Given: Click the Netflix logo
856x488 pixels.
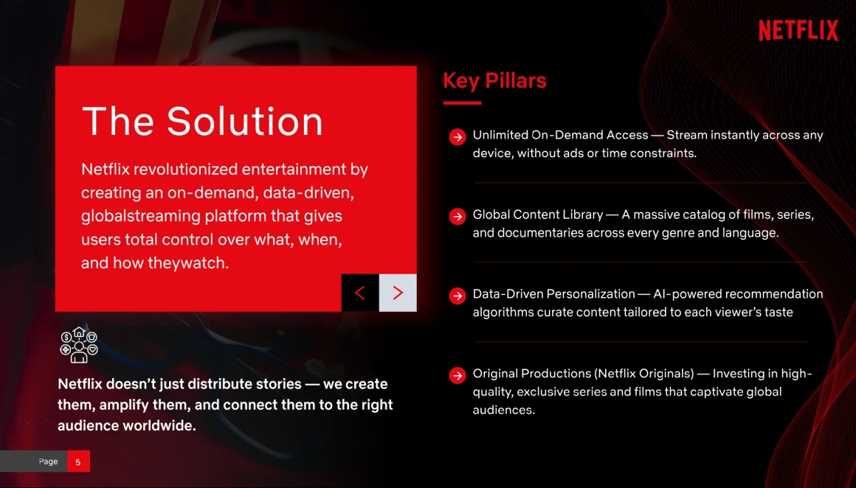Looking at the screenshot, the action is point(798,30).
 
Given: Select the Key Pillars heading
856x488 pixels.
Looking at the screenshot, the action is point(494,80).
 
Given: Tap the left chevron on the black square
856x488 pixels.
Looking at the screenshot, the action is point(360,293).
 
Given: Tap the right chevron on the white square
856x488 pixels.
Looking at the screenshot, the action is point(398,293).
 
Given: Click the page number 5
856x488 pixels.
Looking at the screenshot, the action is point(78,461).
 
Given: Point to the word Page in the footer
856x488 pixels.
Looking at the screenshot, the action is point(48,461).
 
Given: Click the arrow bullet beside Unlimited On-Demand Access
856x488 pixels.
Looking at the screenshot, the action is point(458,137).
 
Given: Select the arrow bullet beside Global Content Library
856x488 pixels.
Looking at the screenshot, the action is point(458,217).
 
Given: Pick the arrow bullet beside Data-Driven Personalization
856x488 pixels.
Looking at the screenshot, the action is point(458,296).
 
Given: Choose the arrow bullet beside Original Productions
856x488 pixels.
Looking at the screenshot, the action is point(458,376).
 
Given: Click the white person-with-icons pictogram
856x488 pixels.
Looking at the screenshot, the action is point(79,344).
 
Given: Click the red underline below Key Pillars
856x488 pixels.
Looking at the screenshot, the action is point(462,102).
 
